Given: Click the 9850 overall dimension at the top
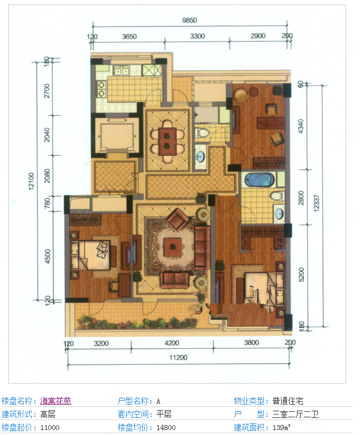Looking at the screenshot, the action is point(189,20).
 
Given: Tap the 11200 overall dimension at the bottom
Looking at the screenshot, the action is point(178,358).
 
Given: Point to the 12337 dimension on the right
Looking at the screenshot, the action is point(316,203).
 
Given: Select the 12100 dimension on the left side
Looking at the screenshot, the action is point(31,181).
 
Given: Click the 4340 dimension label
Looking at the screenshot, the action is point(301,126).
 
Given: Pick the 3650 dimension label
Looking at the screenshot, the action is point(129,36).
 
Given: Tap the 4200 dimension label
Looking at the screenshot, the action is point(171,343).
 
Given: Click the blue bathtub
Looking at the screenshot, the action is point(259,180).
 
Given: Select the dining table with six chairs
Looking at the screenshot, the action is point(168,141).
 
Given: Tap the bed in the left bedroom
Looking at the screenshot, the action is point(91,255).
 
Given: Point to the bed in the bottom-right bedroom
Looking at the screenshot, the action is point(264,289).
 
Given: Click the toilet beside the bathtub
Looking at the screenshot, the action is point(277,196).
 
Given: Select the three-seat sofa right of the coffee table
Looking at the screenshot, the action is point(202,247).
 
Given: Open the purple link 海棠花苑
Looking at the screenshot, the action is point(55,401).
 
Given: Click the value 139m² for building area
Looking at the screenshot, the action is point(281,427).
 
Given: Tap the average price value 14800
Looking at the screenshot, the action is point(166,427).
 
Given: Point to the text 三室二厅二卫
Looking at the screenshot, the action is point(295,414).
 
